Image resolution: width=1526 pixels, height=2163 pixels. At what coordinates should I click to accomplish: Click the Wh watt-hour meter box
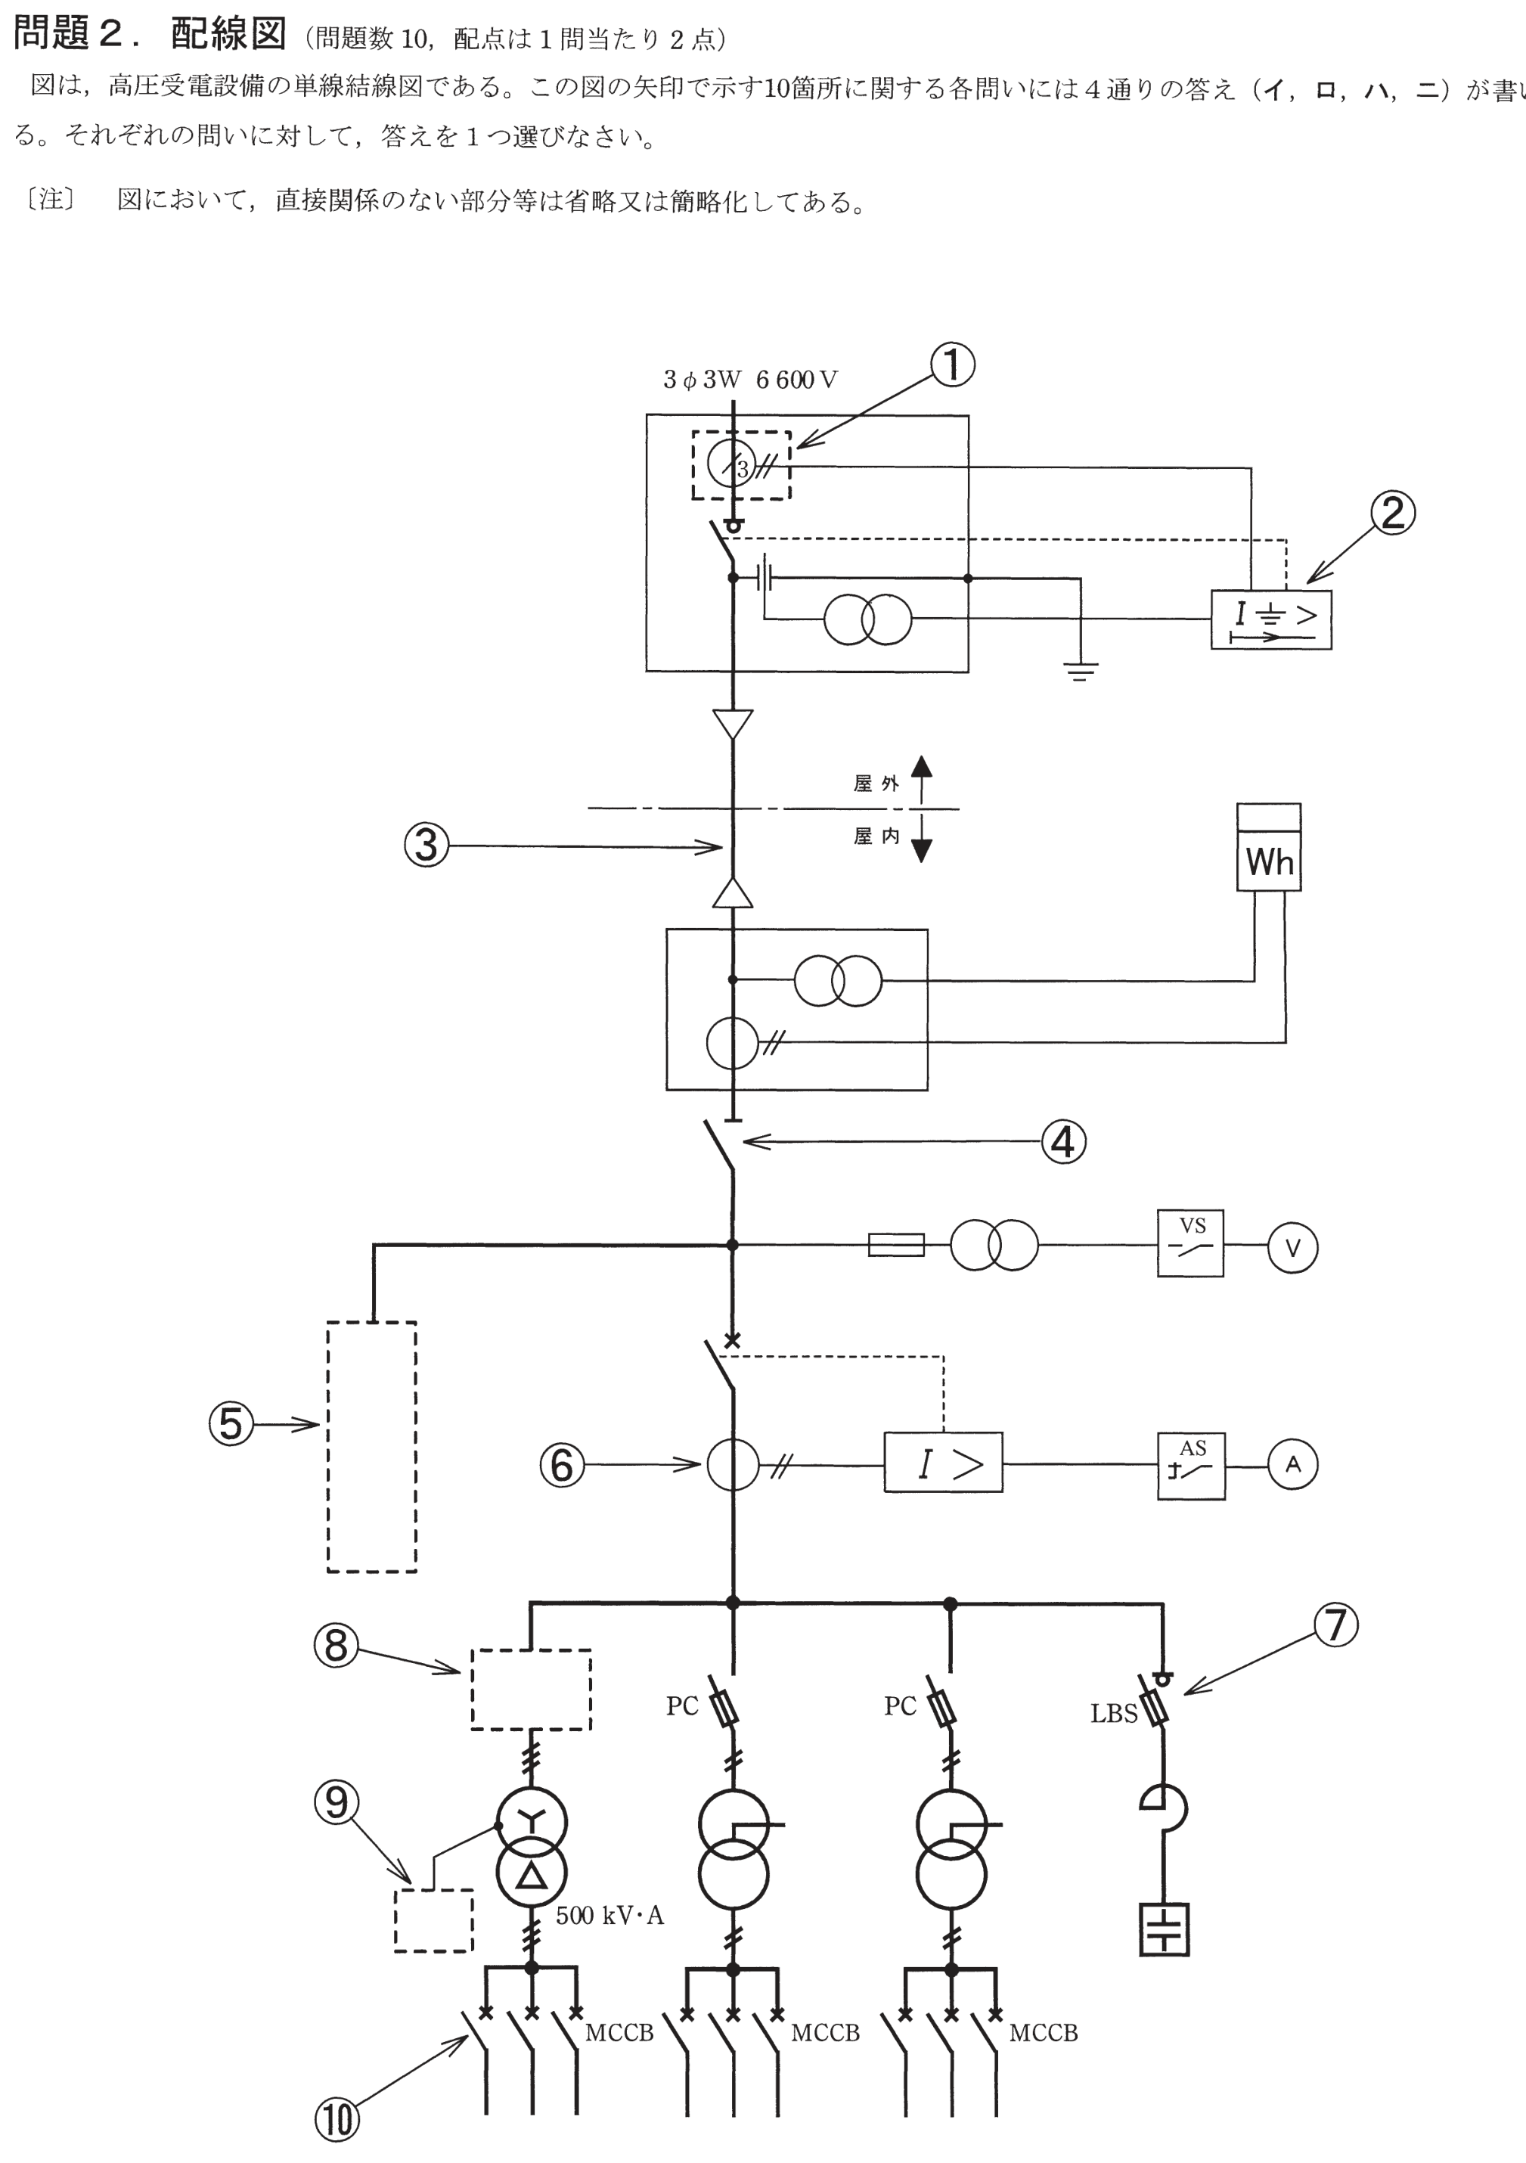pos(1269,847)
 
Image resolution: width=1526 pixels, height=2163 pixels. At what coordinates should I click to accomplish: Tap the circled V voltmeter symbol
pos(1292,1248)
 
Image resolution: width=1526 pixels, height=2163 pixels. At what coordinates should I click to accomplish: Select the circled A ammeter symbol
pos(1292,1465)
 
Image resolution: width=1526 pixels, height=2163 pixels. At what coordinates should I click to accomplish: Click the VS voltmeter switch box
pos(1191,1243)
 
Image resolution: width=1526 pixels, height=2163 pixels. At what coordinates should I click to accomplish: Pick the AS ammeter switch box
pos(1192,1465)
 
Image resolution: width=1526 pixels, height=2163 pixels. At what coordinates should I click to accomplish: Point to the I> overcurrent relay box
pos(943,1462)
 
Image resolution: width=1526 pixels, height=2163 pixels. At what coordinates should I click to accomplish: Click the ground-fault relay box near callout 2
pos(1270,619)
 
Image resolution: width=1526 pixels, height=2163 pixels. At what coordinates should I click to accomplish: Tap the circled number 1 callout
pos(951,365)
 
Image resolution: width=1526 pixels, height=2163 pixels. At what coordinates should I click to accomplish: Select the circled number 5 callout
pos(231,1423)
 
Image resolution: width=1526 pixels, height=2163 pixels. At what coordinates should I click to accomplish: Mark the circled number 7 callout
pos(1335,1625)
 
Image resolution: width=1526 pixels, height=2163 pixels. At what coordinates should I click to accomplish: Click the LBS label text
pos(1115,1714)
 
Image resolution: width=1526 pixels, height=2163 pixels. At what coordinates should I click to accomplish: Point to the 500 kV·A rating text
pos(609,1915)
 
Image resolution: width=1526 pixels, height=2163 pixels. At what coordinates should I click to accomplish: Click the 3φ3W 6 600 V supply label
pos(750,380)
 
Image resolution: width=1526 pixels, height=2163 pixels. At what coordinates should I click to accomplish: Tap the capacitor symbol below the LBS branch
pos(1165,1929)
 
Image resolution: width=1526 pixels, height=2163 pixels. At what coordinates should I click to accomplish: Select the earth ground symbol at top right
pos(1081,671)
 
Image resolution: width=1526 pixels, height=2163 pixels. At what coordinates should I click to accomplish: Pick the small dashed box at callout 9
pos(433,1920)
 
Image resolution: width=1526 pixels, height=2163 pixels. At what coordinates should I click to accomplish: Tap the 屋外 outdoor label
pos(876,784)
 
